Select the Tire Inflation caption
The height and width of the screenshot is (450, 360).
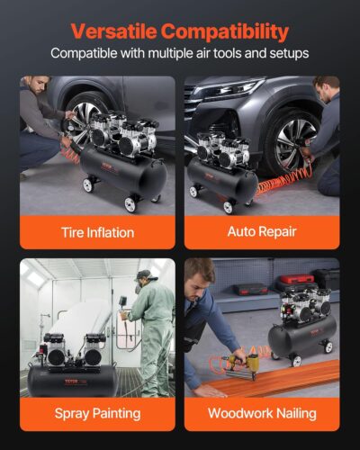[x=97, y=232]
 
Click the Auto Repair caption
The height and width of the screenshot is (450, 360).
[x=262, y=232]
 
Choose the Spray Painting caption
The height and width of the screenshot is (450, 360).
[x=97, y=413]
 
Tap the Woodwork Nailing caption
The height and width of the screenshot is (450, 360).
[x=262, y=413]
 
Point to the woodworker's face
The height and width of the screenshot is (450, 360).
[x=205, y=275]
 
